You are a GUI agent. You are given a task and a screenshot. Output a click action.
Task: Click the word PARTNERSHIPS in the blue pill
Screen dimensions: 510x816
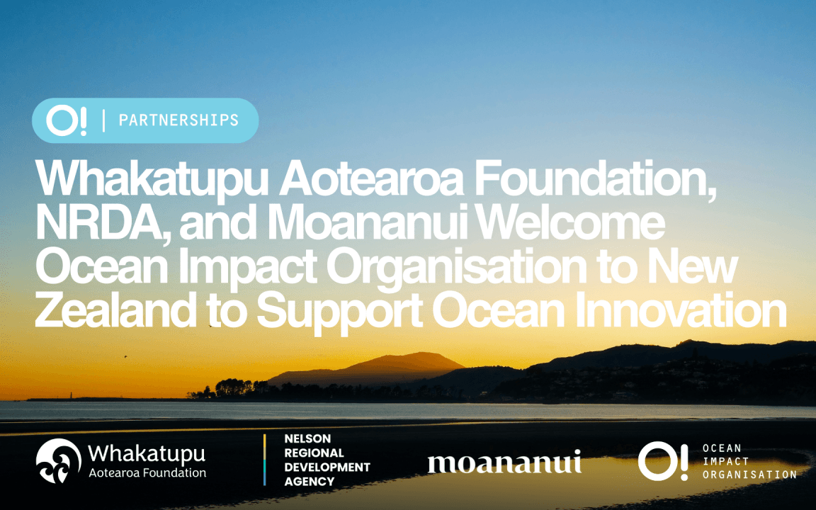coord(178,120)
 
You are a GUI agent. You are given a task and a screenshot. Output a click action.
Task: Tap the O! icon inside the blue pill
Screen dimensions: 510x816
coord(67,121)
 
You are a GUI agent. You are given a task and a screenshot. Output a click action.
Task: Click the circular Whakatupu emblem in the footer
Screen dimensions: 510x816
coord(59,460)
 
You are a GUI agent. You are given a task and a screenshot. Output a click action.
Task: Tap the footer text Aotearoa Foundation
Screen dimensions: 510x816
coord(147,472)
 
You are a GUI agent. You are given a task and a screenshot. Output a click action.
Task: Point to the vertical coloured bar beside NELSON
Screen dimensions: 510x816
coord(265,460)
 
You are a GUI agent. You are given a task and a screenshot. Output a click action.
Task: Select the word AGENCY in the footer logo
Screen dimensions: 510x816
coord(310,482)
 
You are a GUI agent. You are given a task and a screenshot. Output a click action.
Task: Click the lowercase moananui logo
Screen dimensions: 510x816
coord(504,463)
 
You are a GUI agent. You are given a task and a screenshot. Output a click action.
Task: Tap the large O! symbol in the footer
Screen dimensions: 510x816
coord(662,460)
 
